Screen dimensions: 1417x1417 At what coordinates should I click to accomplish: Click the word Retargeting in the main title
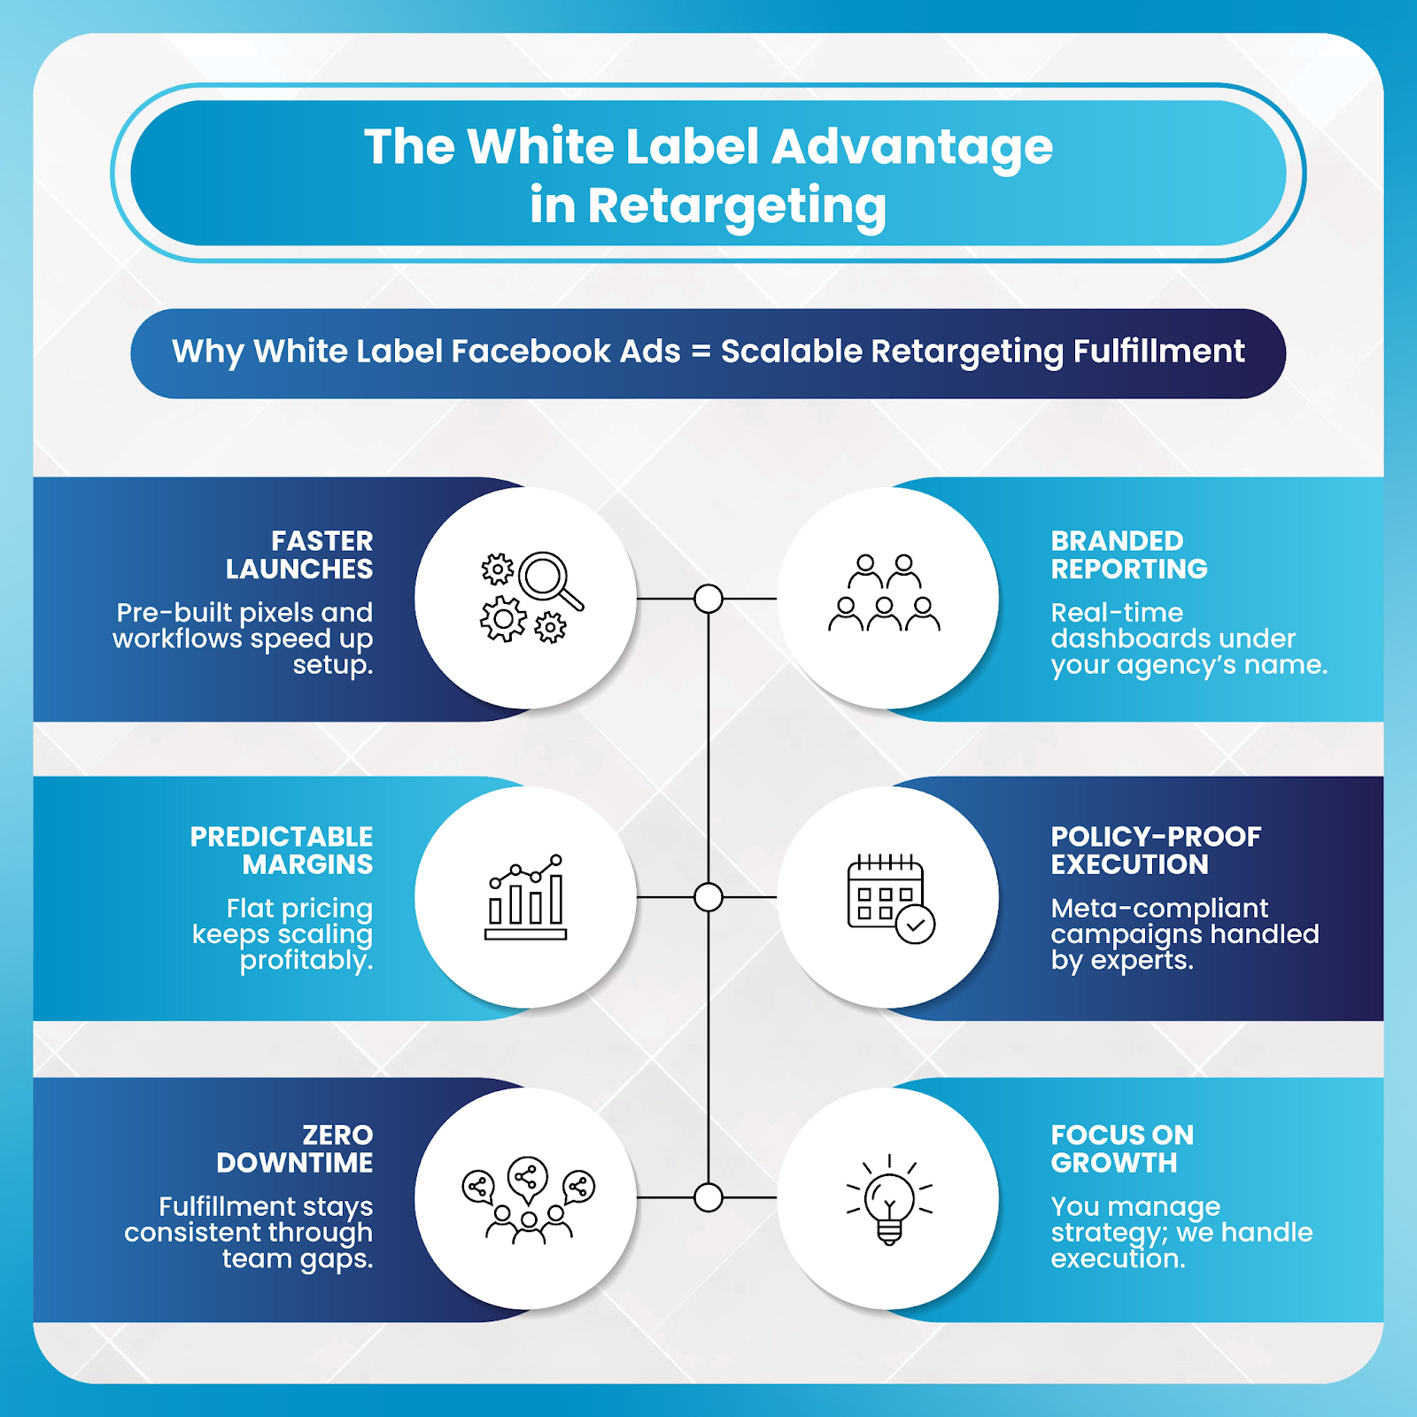(737, 206)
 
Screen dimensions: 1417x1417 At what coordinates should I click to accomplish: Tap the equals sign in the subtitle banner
(701, 352)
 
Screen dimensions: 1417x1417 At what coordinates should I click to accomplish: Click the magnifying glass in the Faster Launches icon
(546, 577)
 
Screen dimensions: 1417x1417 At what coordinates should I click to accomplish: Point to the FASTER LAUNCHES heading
(298, 554)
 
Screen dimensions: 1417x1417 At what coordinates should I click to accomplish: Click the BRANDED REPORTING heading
(1128, 554)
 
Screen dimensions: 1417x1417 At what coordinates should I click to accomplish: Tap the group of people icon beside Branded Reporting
(884, 593)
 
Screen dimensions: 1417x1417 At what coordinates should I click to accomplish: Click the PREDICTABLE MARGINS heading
(282, 850)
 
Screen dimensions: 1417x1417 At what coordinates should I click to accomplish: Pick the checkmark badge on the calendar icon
(915, 925)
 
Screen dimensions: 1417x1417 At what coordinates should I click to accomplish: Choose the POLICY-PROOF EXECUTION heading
(1155, 850)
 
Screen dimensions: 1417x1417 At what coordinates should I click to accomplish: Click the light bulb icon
(889, 1200)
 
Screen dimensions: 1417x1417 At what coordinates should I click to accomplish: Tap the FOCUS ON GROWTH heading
(1121, 1149)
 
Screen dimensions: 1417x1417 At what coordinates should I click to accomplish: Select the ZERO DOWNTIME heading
(295, 1149)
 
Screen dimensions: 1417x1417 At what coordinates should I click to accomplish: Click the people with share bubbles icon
(528, 1199)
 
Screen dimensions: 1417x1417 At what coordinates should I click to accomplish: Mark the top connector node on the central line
(708, 599)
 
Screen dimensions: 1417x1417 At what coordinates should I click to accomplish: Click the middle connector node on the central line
(708, 897)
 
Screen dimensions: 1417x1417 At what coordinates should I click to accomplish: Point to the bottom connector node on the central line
(708, 1197)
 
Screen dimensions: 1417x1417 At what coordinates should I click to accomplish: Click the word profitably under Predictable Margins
(306, 961)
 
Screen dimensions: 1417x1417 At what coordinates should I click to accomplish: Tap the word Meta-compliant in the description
(1158, 909)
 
